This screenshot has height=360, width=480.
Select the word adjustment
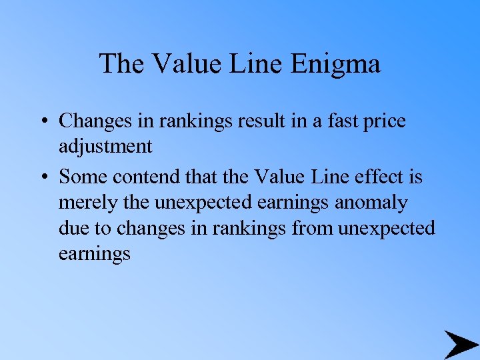[105, 146]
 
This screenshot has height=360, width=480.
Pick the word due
[72, 228]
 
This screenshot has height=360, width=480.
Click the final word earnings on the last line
[95, 253]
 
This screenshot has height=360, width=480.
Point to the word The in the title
[123, 64]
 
